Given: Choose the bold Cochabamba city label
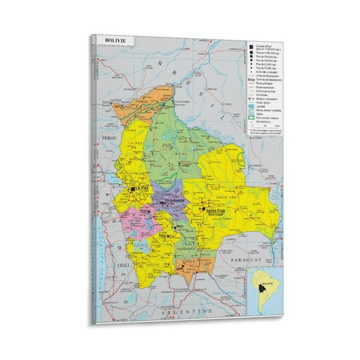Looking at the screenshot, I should click(168, 201).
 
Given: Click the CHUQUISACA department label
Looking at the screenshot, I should click(187, 248).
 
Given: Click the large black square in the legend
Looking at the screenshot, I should click(249, 47).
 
